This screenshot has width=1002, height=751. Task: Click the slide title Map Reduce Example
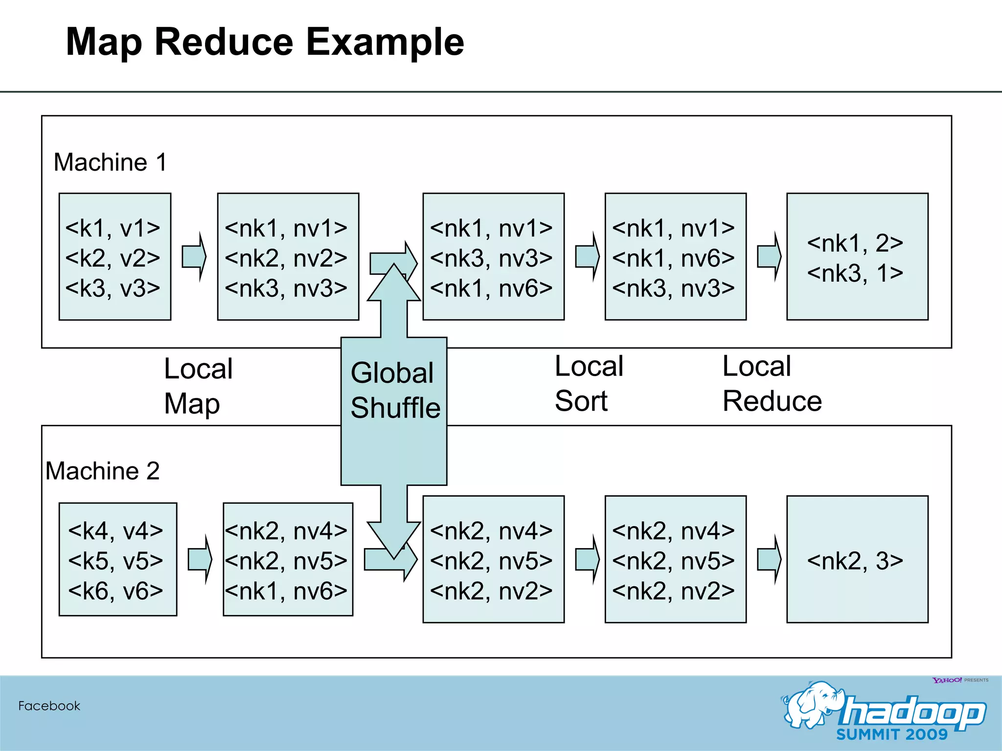[x=264, y=43]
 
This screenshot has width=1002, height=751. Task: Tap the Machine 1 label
[x=110, y=162]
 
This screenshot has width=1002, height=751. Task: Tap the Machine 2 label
[x=102, y=471]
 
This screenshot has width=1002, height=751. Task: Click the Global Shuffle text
[x=394, y=390]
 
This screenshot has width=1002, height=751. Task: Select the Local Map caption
[x=198, y=386]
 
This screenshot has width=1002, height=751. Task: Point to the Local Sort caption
[x=589, y=383]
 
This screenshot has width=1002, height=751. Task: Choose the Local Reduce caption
[x=772, y=383]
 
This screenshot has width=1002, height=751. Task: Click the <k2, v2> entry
[x=113, y=258]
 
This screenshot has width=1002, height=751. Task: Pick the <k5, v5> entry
[x=115, y=560]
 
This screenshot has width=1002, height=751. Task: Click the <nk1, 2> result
[x=855, y=243]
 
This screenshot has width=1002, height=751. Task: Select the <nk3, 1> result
[x=855, y=273]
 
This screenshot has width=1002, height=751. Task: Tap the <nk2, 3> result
[x=855, y=560]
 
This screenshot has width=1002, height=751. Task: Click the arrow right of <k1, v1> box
[x=194, y=257]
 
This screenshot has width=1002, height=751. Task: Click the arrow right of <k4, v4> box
[x=200, y=559]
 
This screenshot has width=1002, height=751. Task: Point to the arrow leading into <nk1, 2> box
[x=769, y=257]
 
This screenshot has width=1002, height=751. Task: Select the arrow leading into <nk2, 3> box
[x=769, y=559]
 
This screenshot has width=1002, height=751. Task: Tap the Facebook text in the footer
[x=49, y=706]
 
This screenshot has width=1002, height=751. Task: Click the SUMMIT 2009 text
[x=891, y=734]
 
